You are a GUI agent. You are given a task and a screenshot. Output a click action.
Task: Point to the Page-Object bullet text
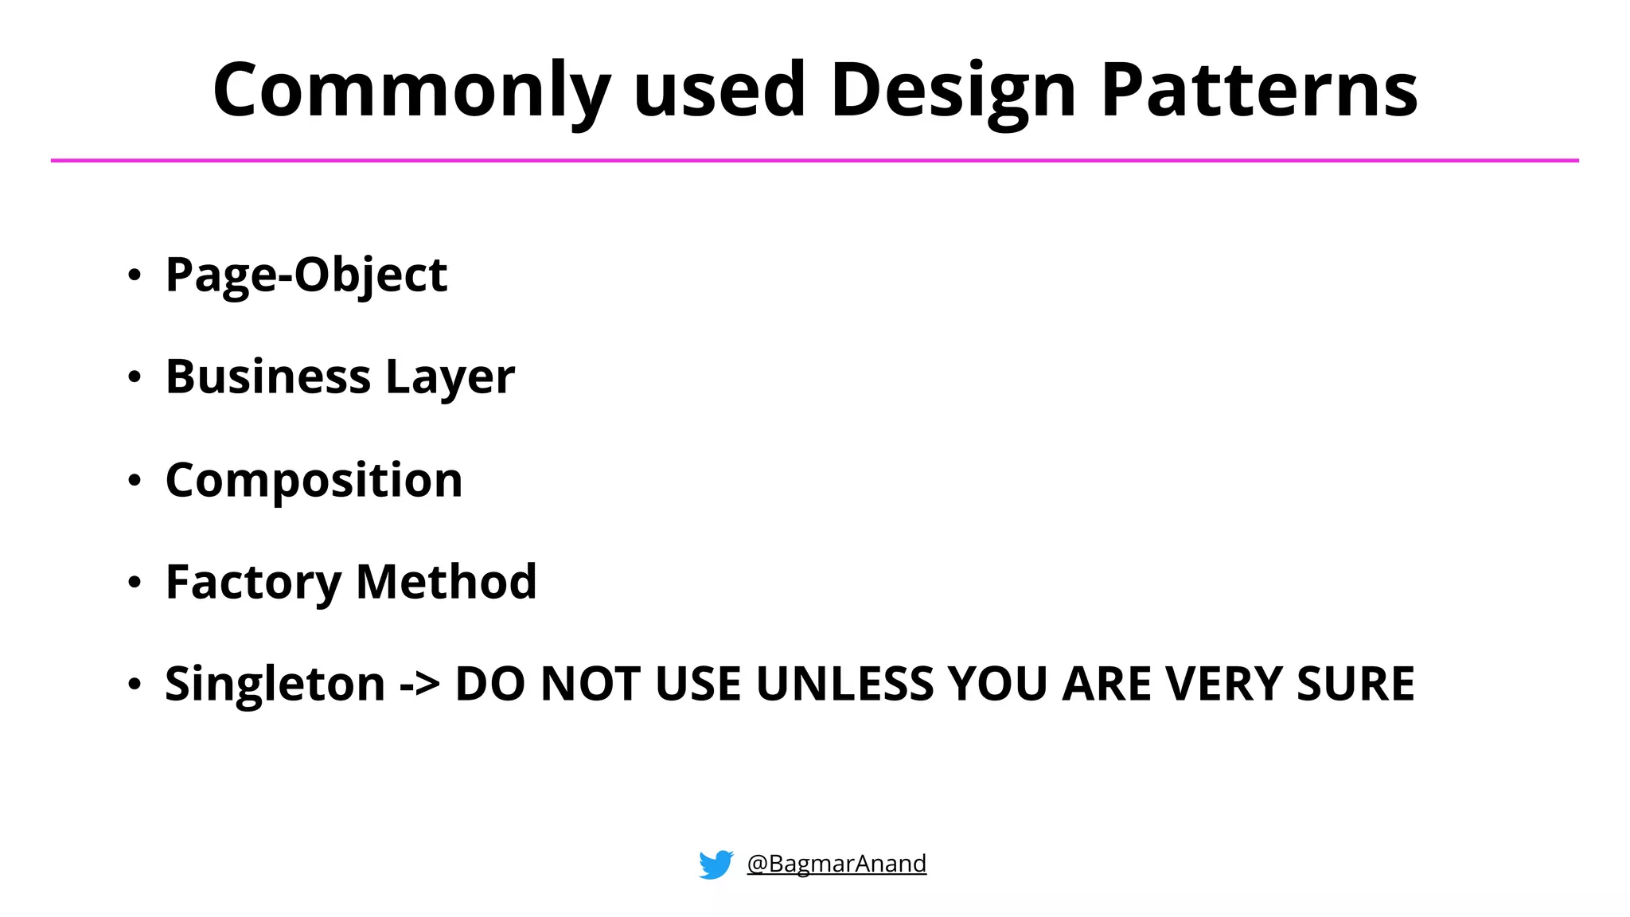pos(306,275)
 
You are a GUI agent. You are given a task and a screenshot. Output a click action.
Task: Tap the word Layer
pos(450,378)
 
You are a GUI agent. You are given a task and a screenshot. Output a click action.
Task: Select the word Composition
pos(314,481)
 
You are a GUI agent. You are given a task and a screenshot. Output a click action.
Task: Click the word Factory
pos(253,583)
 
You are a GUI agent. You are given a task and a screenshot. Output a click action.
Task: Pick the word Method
pos(446,581)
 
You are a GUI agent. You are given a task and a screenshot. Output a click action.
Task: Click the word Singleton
pos(275,684)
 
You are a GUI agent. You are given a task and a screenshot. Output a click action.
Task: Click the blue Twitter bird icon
pos(716,864)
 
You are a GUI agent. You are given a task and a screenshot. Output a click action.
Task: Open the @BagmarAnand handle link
pos(836,864)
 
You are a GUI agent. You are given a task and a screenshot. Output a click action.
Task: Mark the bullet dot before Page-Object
pos(135,275)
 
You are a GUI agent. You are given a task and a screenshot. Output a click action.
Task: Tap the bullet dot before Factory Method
pos(135,583)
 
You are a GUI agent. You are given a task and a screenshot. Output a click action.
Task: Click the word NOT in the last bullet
pos(590,684)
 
